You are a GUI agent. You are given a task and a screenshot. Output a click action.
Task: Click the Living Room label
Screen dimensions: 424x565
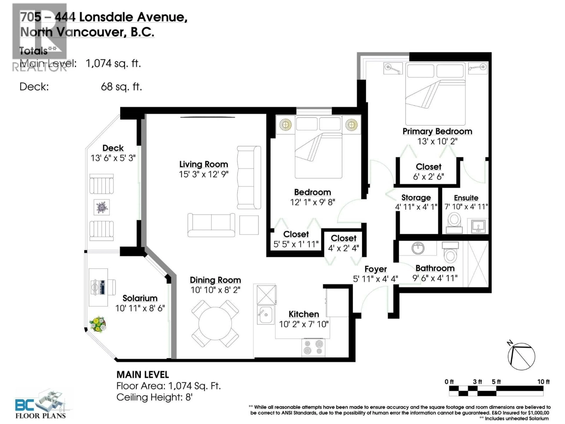204,164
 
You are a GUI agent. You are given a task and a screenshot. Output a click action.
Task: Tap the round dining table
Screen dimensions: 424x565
215,323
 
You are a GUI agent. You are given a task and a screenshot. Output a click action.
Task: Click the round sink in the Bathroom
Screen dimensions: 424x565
418,248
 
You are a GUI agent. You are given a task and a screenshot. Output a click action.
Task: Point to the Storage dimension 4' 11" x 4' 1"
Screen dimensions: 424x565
416,207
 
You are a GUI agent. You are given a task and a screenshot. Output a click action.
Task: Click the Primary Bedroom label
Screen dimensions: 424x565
437,131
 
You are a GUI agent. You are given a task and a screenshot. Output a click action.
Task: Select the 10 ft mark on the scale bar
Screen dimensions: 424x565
543,382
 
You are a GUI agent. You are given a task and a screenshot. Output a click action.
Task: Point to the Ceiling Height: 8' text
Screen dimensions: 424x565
154,397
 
